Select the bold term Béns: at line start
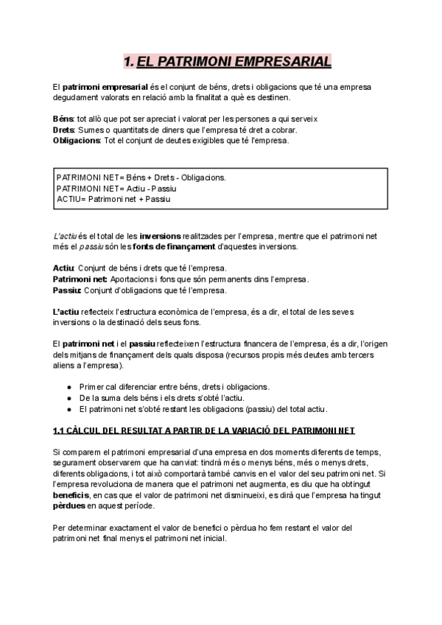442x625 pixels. [64, 119]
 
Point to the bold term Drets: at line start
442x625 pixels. [64, 130]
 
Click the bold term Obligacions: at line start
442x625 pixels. [77, 140]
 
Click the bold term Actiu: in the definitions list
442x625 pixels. [64, 268]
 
